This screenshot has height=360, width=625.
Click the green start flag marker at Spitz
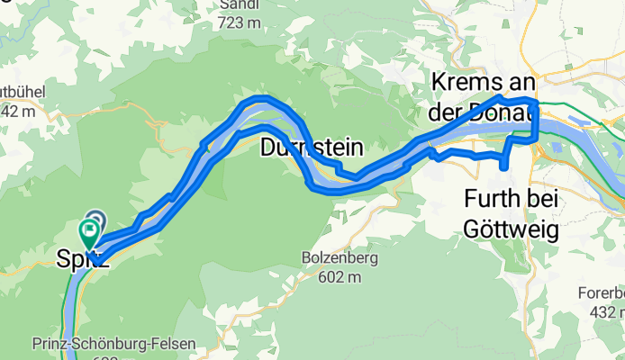(90, 232)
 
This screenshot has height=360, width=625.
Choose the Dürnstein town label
(312, 147)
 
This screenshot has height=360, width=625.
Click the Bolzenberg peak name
(339, 258)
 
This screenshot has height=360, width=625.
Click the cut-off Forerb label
(602, 292)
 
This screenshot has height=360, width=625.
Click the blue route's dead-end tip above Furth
(502, 166)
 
